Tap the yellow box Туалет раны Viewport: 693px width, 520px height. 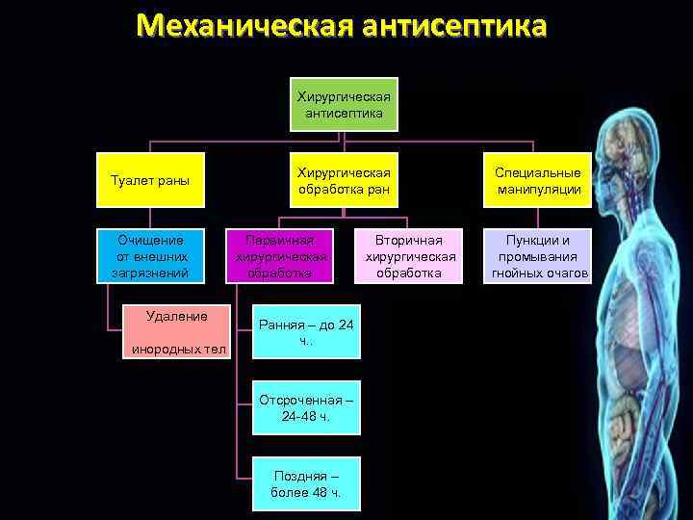pos(150,180)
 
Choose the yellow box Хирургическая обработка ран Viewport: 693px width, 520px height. pos(344,180)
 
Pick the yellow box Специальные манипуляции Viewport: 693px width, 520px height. pos(538,180)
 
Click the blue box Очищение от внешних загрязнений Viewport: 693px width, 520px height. pos(150,255)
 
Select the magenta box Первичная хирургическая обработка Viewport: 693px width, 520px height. pos(281,255)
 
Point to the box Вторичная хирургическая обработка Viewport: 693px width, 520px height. pos(409,255)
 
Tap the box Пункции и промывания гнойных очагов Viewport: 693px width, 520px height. pos(538,255)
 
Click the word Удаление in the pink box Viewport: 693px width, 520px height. pos(175,315)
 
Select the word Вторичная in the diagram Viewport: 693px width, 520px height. pos(409,240)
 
